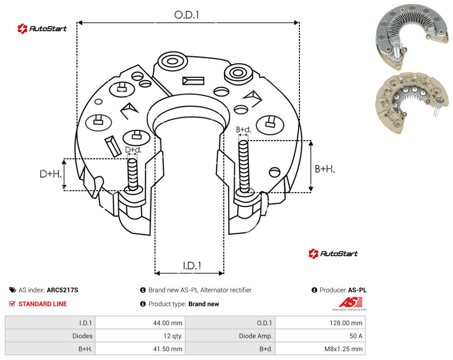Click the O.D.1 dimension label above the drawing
click(x=187, y=15)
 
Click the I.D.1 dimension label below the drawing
click(x=192, y=266)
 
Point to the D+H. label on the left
click(x=51, y=174)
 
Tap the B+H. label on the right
click(x=325, y=169)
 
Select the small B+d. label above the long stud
click(x=244, y=129)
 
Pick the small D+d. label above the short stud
click(x=133, y=150)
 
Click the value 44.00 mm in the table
click(x=168, y=323)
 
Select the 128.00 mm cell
click(x=346, y=323)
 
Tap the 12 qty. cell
click(x=173, y=336)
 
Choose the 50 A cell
click(x=356, y=336)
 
